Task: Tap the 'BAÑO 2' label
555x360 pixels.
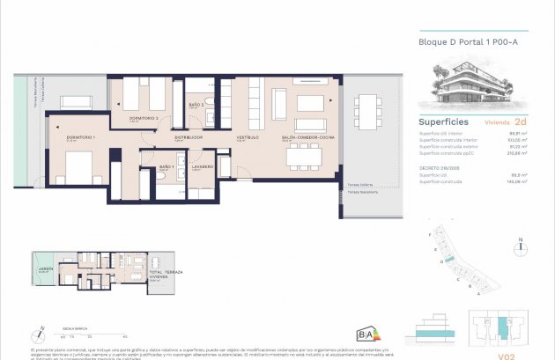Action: click(x=196, y=105)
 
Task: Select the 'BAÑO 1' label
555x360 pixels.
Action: click(x=167, y=166)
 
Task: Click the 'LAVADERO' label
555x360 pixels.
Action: click(x=203, y=166)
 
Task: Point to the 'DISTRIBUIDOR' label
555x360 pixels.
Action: click(x=189, y=138)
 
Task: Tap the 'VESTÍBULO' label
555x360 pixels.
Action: click(x=246, y=138)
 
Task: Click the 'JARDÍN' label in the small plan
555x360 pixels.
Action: click(x=43, y=269)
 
